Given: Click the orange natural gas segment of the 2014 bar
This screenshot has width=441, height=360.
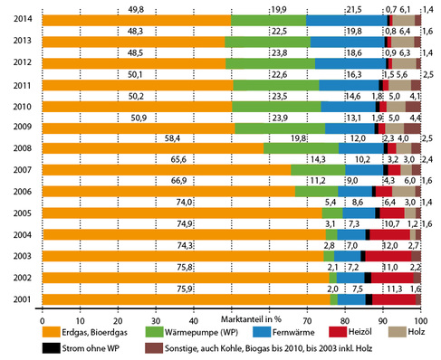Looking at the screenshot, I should pos(136,20).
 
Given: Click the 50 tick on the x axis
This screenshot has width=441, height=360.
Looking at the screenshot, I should pos(231,320).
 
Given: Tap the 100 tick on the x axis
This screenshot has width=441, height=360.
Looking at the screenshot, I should pos(419,320).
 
